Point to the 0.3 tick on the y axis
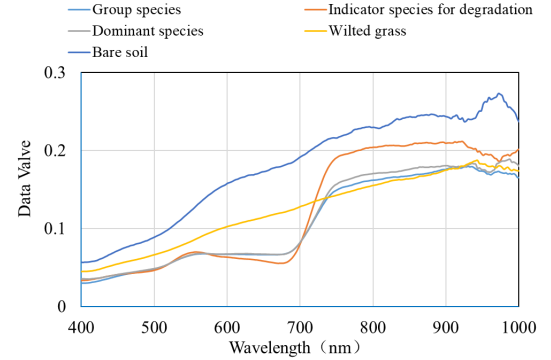click(55, 73)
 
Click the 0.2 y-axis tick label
click(55, 150)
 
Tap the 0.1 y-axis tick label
click(55, 229)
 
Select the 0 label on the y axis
click(61, 307)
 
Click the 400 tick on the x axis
click(81, 328)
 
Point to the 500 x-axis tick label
click(154, 328)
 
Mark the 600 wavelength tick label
click(227, 328)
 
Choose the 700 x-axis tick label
click(300, 328)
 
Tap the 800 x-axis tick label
click(373, 328)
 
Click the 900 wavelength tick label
click(446, 328)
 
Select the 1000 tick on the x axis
click(519, 328)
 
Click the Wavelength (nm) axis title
click(295, 348)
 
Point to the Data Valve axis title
click(25, 178)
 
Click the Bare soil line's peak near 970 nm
click(499, 94)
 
